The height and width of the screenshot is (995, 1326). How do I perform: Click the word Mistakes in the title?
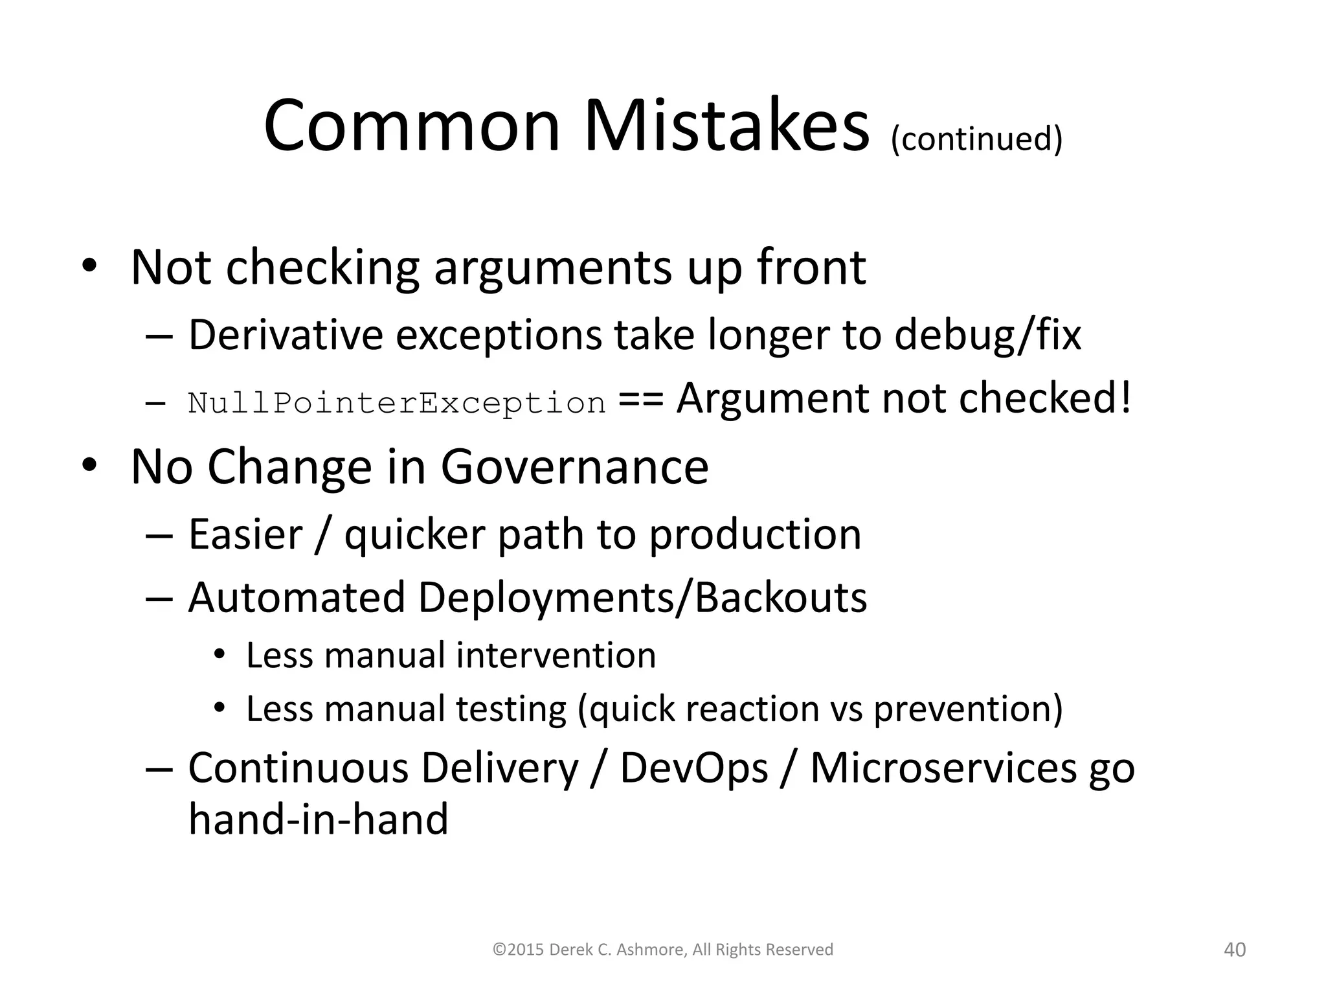[x=726, y=126]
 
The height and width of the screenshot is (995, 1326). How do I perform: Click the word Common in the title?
[x=412, y=126]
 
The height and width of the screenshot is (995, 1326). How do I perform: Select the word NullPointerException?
[x=397, y=403]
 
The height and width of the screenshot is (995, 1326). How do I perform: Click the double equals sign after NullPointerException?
[x=641, y=399]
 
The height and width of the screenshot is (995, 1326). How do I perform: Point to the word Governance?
[x=575, y=466]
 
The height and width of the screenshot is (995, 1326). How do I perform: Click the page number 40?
[x=1235, y=950]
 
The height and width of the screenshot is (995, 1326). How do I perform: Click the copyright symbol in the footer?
[x=499, y=950]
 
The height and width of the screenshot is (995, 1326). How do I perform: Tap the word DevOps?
[x=693, y=768]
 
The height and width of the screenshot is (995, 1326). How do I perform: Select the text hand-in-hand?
[x=319, y=819]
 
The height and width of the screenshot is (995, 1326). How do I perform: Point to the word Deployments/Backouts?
[x=642, y=597]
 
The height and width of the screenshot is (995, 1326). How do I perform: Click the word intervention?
[x=556, y=655]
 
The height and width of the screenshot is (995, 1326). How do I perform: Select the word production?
[x=755, y=534]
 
